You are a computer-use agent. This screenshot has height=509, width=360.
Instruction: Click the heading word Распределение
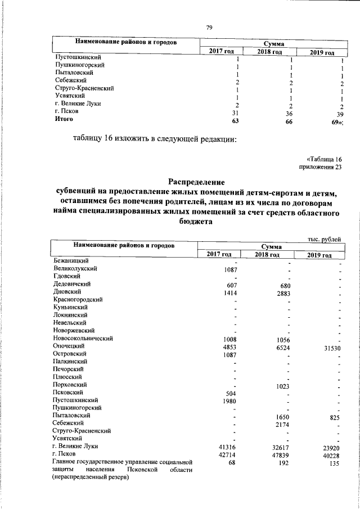(197, 182)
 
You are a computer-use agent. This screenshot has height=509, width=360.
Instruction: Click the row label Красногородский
(78, 301)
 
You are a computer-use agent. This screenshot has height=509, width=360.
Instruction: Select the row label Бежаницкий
(70, 261)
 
